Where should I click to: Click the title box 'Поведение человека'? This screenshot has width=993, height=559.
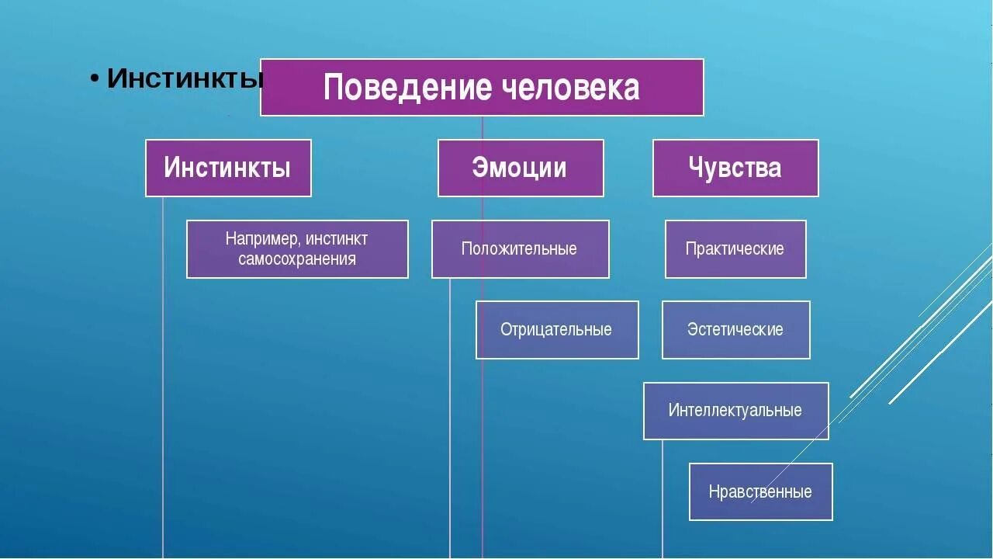coord(482,87)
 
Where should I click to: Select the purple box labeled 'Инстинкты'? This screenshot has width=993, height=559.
coord(228,168)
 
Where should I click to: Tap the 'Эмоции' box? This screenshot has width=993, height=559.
coord(521,168)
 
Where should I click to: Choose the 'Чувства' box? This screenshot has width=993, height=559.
coord(735,168)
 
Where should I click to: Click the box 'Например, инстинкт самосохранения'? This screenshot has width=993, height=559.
coord(297,249)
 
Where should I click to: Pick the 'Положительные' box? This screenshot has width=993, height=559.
coord(520,249)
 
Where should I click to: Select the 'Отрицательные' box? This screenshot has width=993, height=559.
coord(557,330)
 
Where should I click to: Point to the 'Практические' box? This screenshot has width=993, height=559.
coord(735,249)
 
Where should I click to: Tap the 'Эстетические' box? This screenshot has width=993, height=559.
coord(735,330)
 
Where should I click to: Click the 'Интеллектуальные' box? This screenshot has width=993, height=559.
coord(735,411)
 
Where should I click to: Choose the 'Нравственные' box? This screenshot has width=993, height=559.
coord(760,491)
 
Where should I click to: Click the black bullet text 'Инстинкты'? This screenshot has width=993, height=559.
coord(185,78)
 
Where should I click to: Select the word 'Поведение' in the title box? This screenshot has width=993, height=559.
coord(407,87)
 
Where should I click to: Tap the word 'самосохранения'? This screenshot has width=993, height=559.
coord(297,259)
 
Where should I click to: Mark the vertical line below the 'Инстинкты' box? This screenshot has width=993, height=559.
coord(163,388)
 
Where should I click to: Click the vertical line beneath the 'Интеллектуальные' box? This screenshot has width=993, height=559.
coord(663,497)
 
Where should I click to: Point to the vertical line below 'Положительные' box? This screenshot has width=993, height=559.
coord(450,419)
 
